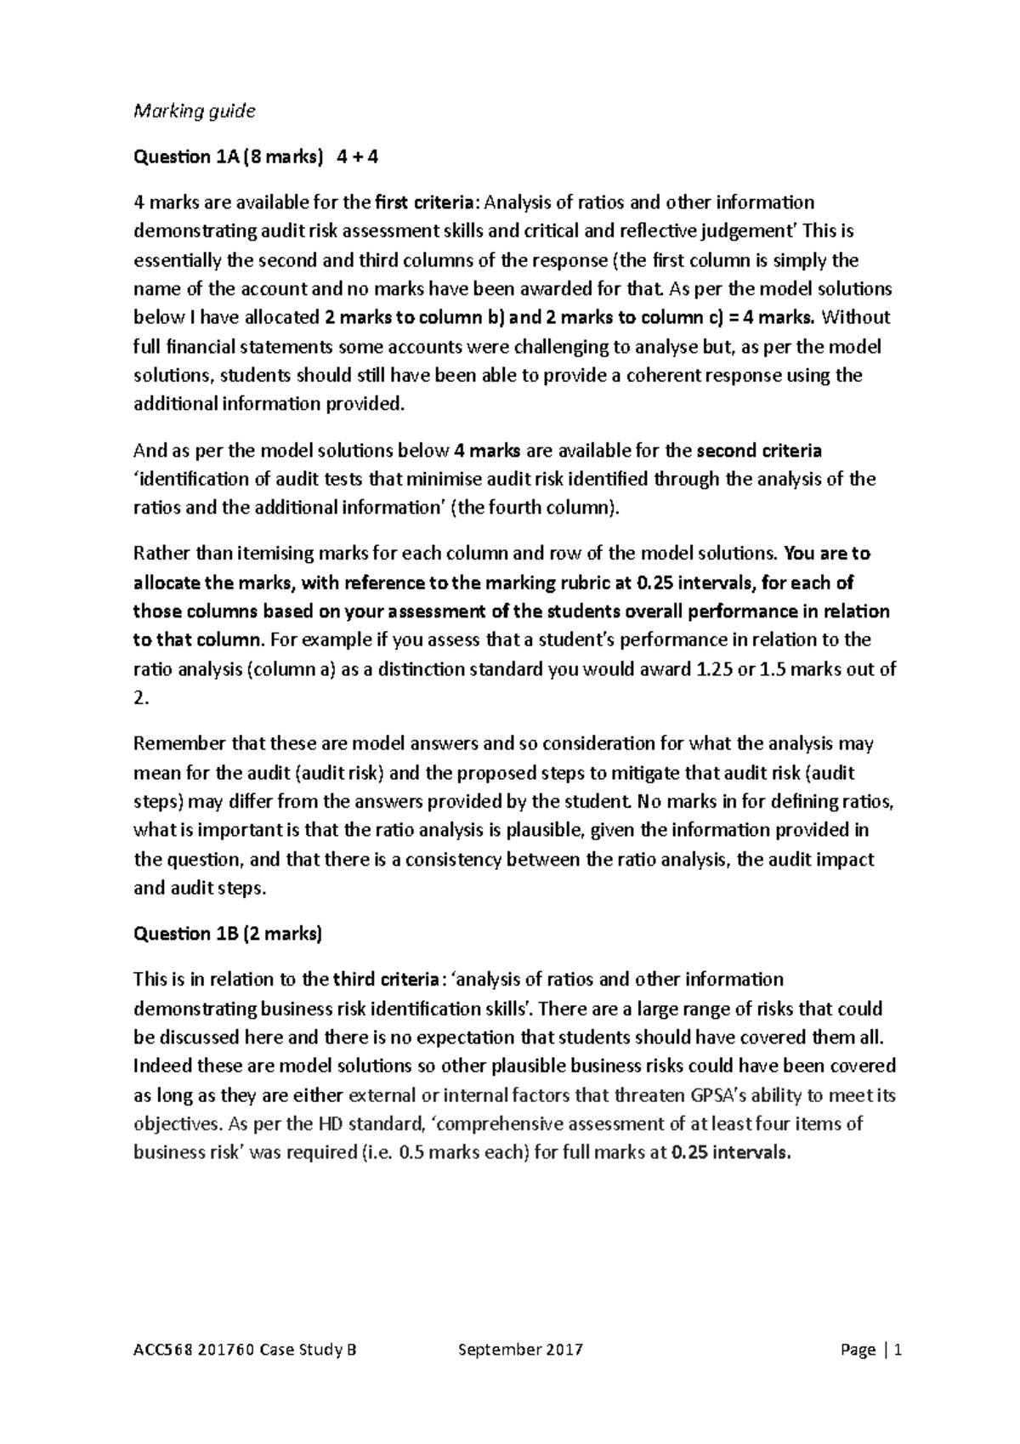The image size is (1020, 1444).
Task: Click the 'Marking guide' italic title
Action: (x=195, y=111)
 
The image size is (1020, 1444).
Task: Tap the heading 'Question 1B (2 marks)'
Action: (x=228, y=934)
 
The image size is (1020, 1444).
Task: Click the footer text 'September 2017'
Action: (x=520, y=1350)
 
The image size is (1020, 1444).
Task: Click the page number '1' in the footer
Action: (x=898, y=1350)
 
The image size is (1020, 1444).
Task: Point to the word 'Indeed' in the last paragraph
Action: (x=161, y=1066)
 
